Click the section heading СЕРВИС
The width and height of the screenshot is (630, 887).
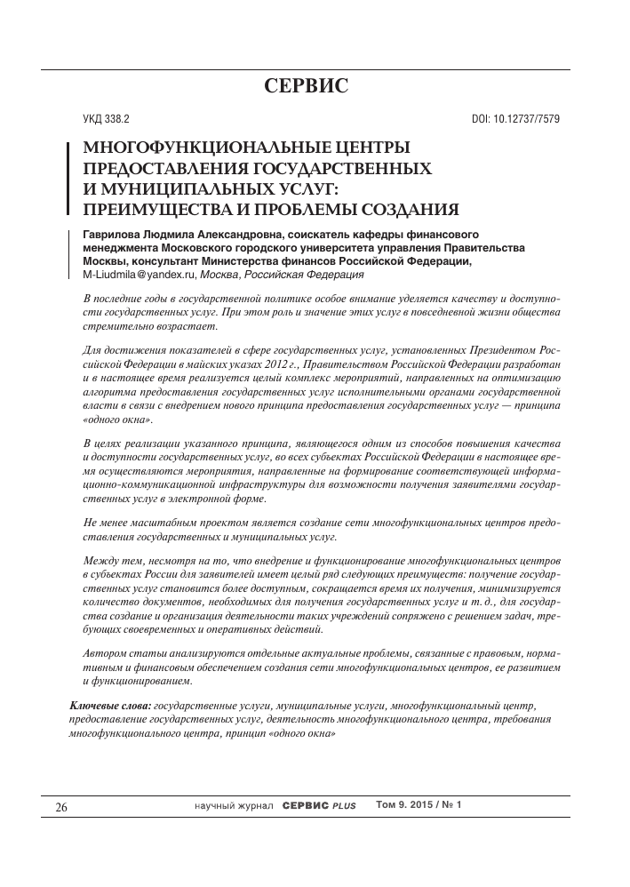pyautogui.click(x=307, y=86)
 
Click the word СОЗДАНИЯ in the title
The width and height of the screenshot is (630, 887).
pyautogui.click(x=408, y=210)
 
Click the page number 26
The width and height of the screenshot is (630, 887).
pyautogui.click(x=61, y=807)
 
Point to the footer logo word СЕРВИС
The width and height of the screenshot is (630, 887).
pyautogui.click(x=307, y=806)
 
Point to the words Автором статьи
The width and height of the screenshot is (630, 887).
pyautogui.click(x=120, y=654)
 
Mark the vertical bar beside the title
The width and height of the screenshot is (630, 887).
pyautogui.click(x=70, y=178)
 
